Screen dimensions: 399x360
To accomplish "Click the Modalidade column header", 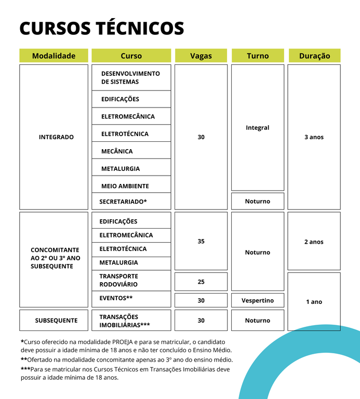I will pyautogui.click(x=54, y=56).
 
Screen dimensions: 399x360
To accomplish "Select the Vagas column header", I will pyautogui.click(x=201, y=56).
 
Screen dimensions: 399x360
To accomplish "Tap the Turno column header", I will pyautogui.click(x=258, y=56).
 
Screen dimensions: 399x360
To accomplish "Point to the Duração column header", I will pyautogui.click(x=314, y=56).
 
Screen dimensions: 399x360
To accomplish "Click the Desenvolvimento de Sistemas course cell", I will pyautogui.click(x=131, y=77).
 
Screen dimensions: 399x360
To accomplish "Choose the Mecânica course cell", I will pyautogui.click(x=131, y=151).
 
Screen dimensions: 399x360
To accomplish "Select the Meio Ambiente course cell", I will pyautogui.click(x=131, y=186).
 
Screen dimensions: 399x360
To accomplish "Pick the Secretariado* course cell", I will pyautogui.click(x=131, y=201).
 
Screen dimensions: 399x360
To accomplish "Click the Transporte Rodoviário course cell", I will pyautogui.click(x=131, y=280).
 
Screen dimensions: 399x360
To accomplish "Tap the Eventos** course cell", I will pyautogui.click(x=131, y=298).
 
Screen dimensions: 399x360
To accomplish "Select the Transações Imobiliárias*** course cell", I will pyautogui.click(x=131, y=321).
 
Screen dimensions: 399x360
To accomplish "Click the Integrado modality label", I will pyautogui.click(x=56, y=137).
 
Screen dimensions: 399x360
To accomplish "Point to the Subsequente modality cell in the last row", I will pyautogui.click(x=56, y=321).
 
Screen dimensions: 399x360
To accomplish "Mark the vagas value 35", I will pyautogui.click(x=201, y=242).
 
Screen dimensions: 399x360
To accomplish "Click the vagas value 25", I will pyautogui.click(x=201, y=282).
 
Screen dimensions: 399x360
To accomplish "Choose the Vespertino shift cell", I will pyautogui.click(x=258, y=300).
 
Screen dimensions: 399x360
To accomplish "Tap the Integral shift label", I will pyautogui.click(x=258, y=128).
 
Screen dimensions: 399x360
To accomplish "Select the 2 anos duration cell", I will pyautogui.click(x=314, y=242).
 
